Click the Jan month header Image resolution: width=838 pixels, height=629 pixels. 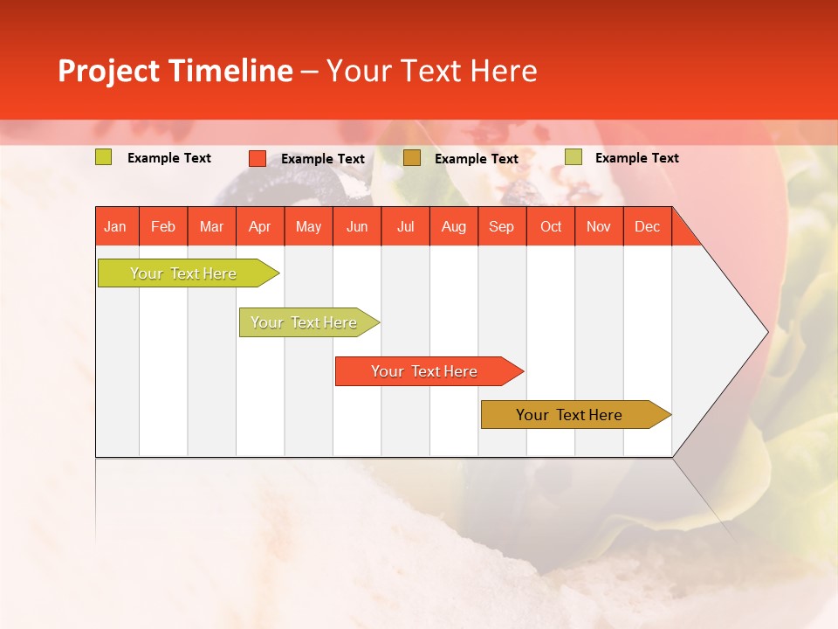(116, 226)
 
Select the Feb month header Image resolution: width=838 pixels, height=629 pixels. (163, 226)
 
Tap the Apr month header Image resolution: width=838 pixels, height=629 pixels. (260, 226)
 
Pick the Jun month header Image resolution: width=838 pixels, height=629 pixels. (357, 226)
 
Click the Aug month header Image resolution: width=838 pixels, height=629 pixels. (454, 226)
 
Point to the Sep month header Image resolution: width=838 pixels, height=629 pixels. (502, 226)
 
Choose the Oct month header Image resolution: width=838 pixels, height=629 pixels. (551, 226)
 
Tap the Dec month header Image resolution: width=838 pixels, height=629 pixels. (648, 226)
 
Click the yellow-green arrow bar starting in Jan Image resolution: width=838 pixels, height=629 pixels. (183, 273)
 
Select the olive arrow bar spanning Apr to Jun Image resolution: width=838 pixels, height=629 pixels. (304, 322)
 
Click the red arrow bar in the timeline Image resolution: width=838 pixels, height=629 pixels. (424, 371)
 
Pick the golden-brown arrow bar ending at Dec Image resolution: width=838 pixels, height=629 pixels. (569, 415)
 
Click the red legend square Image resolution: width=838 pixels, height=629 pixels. (258, 158)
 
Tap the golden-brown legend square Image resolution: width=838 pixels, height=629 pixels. (412, 158)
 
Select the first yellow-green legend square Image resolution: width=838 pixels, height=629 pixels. (104, 157)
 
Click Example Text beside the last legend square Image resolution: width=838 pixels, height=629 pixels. (636, 158)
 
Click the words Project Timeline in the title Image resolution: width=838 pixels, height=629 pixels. (175, 71)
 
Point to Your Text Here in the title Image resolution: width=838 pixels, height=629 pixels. (431, 71)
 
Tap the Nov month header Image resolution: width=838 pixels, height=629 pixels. (599, 226)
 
